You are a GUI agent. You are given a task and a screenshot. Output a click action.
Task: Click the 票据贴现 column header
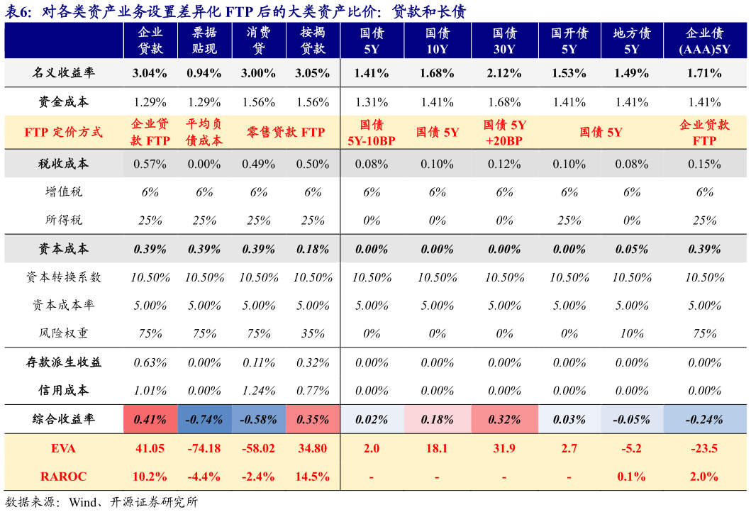pos(204,40)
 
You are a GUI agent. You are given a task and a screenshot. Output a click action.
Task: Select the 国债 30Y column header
pos(504,40)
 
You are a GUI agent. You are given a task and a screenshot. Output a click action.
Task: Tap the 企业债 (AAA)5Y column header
pos(704,40)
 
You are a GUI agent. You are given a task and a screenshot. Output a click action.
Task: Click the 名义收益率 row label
pos(64,73)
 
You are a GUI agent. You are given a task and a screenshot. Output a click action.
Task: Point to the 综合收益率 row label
pos(64,419)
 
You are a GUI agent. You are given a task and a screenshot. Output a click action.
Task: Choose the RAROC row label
pos(63,477)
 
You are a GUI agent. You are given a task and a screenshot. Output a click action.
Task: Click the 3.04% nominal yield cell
pos(150,73)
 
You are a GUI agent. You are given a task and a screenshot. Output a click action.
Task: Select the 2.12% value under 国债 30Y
pos(504,73)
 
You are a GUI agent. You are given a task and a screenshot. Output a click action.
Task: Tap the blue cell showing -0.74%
pos(204,419)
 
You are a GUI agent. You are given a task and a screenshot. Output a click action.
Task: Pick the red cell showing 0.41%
pos(150,419)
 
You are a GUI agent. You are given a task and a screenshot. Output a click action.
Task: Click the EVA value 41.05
pos(150,448)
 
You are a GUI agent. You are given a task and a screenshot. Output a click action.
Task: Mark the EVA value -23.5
pos(704,448)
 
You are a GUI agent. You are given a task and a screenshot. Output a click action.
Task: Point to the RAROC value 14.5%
pos(313,477)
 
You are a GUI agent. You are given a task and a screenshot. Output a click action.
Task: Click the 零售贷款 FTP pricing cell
pos(286,132)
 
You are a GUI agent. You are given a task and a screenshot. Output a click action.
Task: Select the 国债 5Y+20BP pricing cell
pos(504,132)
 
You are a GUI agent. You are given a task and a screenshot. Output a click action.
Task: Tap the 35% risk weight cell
pos(313,333)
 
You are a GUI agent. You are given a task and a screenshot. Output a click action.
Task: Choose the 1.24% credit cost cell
pos(259,391)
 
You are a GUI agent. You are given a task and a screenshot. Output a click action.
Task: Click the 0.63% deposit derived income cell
pos(150,362)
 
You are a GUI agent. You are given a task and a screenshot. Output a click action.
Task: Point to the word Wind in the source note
pos(82,502)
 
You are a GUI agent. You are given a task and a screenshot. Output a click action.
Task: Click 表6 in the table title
pos(18,11)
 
